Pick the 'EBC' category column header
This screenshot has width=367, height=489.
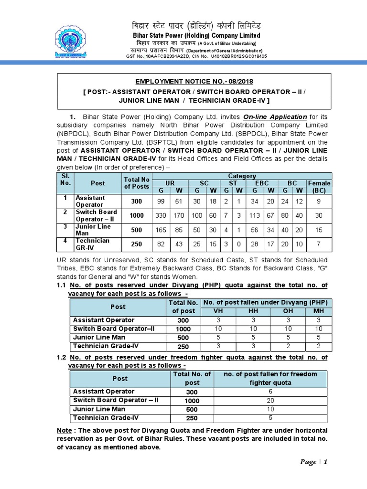click(x=262, y=183)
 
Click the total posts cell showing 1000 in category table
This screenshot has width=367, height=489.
click(x=137, y=216)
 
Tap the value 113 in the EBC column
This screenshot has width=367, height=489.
click(x=255, y=216)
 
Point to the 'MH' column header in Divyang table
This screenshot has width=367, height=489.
click(x=318, y=311)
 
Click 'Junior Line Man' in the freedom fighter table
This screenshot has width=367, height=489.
click(x=98, y=409)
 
